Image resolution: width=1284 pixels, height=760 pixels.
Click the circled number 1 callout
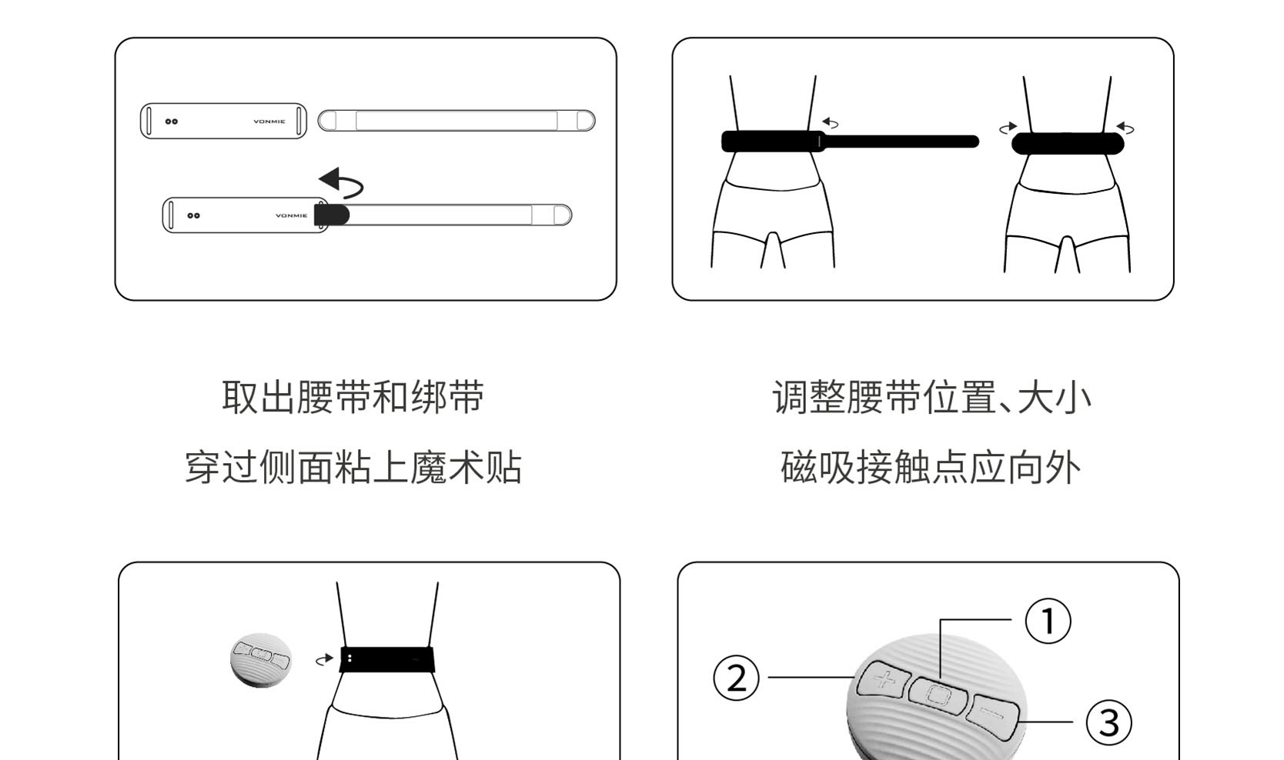pyautogui.click(x=1048, y=622)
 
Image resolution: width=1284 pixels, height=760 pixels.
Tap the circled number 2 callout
pyautogui.click(x=737, y=678)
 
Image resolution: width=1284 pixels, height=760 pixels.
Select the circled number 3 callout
pyautogui.click(x=1108, y=723)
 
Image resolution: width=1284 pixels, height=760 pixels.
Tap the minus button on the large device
pyautogui.click(x=994, y=713)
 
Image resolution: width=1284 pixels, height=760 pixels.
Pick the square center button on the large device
pyautogui.click(x=938, y=695)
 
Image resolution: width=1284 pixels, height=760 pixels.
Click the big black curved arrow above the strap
pyautogui.click(x=341, y=183)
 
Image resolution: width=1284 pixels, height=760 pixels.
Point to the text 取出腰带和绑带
pyautogui.click(x=353, y=398)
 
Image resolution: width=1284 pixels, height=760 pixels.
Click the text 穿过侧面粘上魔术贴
pyautogui.click(x=353, y=468)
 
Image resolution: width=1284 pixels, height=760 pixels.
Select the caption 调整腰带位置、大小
pyautogui.click(x=931, y=398)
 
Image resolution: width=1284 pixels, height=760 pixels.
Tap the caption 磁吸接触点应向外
pyautogui.click(x=931, y=468)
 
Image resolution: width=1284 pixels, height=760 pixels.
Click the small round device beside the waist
pyautogui.click(x=261, y=659)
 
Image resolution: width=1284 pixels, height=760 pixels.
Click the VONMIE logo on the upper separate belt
pyautogui.click(x=269, y=122)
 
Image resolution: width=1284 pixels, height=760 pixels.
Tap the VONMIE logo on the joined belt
pyautogui.click(x=291, y=215)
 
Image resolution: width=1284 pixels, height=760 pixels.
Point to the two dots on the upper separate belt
pyautogui.click(x=172, y=122)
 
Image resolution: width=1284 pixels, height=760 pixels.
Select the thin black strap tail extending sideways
pyautogui.click(x=901, y=142)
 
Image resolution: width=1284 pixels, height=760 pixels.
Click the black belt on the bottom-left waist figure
pyautogui.click(x=387, y=659)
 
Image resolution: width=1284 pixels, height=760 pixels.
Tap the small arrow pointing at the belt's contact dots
pyautogui.click(x=324, y=659)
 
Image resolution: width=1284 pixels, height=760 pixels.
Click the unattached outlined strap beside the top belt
pyautogui.click(x=456, y=121)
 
